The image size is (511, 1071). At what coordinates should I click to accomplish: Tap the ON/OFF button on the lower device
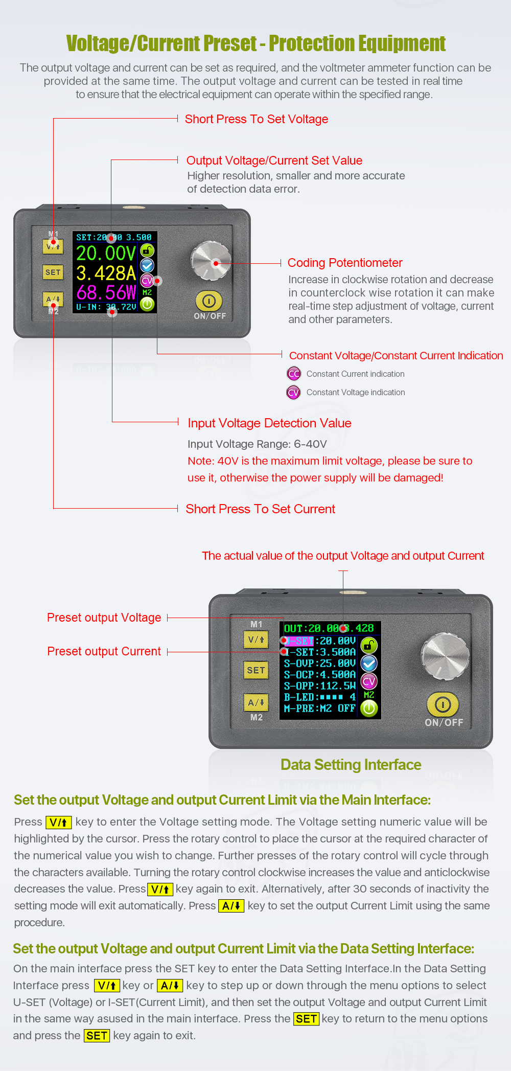point(443,705)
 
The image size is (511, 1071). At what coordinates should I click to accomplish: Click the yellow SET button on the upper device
point(53,272)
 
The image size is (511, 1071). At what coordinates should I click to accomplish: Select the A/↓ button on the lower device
point(257,702)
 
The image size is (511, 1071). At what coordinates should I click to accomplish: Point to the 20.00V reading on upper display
point(106,253)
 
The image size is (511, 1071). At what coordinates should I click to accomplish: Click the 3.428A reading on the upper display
point(106,273)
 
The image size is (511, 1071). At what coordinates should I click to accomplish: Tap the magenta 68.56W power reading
point(106,293)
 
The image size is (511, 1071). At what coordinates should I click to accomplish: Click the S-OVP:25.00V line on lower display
point(319,664)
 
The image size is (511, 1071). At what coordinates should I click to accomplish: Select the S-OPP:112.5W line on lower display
point(319,686)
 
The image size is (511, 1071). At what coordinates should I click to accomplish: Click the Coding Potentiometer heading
point(345,263)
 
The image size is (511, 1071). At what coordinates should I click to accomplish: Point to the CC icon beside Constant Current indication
point(294,374)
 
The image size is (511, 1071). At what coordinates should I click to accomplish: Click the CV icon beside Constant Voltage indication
point(294,393)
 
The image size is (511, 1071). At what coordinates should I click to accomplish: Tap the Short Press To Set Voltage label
point(257,119)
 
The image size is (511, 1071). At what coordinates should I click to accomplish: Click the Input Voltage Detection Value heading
point(269,423)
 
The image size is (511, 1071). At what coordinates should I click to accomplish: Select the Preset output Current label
point(104,651)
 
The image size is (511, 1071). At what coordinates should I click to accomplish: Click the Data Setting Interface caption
point(351,765)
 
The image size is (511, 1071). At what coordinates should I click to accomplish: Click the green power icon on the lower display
point(369,709)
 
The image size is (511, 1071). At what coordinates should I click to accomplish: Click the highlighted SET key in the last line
point(97,1036)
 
